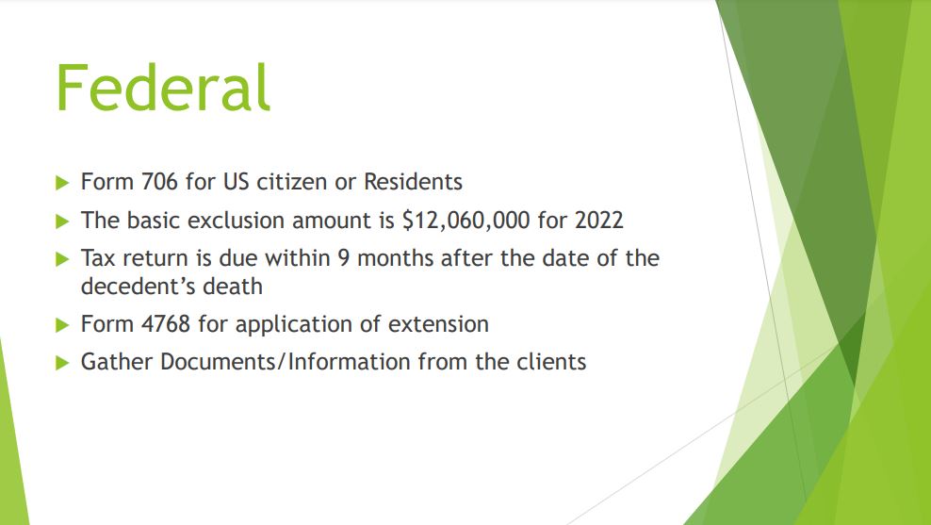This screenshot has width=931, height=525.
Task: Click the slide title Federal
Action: (163, 88)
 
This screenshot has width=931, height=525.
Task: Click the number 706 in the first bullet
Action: (159, 182)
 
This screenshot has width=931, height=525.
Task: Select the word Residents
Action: (413, 182)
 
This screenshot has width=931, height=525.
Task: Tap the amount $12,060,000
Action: (466, 221)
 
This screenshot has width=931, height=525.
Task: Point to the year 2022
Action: (598, 221)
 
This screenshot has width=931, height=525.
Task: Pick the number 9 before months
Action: (344, 258)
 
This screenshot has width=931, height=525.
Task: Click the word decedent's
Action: (138, 287)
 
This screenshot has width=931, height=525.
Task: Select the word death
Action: (233, 287)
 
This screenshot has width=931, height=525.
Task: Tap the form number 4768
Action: (166, 324)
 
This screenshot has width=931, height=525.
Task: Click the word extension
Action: (438, 324)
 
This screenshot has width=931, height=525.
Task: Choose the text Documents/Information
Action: (285, 362)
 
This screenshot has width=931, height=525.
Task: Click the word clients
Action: (551, 362)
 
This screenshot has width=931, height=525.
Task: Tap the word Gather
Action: (117, 362)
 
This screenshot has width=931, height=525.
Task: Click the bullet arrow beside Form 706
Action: (62, 183)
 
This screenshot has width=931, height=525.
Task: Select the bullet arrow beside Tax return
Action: (62, 259)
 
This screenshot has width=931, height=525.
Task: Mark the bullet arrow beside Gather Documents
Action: (62, 363)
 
